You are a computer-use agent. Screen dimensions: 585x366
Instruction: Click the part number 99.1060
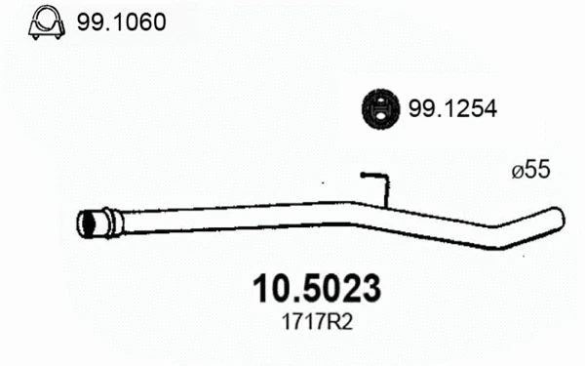click(x=121, y=22)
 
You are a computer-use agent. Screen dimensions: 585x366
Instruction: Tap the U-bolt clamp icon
click(x=47, y=22)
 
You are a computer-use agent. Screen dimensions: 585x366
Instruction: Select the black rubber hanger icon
click(x=380, y=109)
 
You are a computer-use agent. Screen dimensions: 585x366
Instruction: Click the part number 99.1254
click(x=452, y=108)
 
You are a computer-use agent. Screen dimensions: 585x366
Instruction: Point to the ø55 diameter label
click(x=531, y=169)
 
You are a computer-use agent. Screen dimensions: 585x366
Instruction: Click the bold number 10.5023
click(x=317, y=289)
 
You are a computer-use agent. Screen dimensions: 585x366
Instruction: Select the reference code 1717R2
click(x=317, y=322)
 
